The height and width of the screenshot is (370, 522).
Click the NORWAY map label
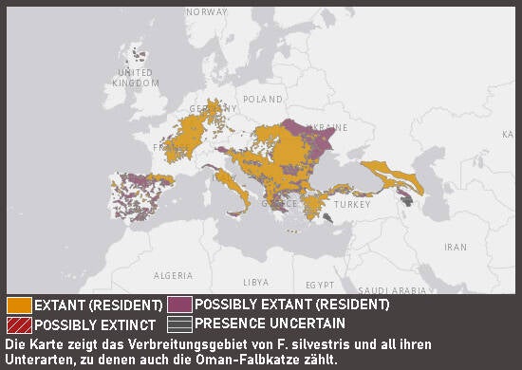click(207, 12)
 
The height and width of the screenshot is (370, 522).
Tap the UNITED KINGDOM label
click(134, 78)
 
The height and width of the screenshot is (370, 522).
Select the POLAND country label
click(263, 99)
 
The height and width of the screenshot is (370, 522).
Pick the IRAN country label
click(456, 246)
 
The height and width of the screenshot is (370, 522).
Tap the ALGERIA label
click(174, 275)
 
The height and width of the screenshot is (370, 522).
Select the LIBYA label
click(256, 283)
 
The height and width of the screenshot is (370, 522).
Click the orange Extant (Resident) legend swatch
click(19, 305)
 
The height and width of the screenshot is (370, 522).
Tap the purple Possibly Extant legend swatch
click(178, 305)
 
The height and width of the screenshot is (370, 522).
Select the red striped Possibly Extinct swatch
click(19, 324)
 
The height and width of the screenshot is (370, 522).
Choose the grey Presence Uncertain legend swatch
click(178, 323)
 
